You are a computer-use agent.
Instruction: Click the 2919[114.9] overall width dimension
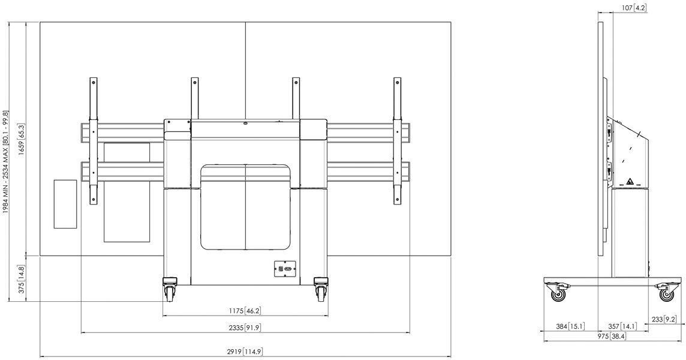click(245, 351)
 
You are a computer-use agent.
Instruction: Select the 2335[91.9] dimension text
click(245, 328)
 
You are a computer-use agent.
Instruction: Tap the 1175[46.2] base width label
click(245, 311)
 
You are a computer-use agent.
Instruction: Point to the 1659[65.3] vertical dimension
click(22, 139)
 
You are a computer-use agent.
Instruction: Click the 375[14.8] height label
click(22, 279)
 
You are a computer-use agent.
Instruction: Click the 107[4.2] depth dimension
click(634, 7)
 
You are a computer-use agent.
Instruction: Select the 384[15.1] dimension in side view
click(570, 326)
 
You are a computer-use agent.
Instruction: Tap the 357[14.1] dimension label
click(622, 326)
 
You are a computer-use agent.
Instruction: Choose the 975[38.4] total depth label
click(612, 337)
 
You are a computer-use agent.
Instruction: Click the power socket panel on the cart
click(285, 268)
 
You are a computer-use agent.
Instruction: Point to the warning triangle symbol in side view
click(630, 181)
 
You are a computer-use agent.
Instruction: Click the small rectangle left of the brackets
click(65, 203)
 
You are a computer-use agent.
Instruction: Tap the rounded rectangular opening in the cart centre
click(245, 207)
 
